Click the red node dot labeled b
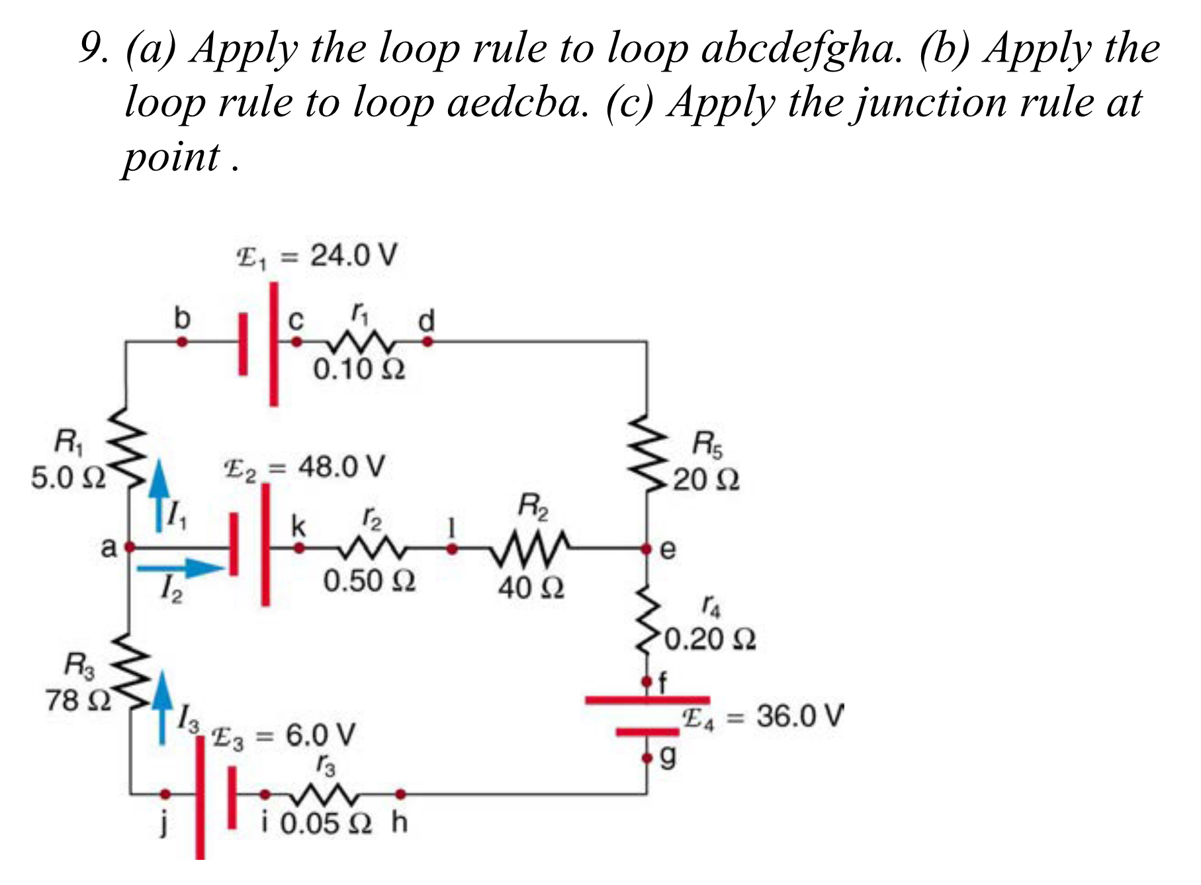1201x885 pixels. click(182, 342)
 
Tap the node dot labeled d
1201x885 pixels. click(427, 342)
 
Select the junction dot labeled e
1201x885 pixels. click(646, 548)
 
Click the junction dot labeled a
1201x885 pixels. click(130, 547)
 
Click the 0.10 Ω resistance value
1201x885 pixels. click(359, 369)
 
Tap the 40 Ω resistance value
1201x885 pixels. click(531, 587)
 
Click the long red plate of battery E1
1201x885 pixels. click(273, 344)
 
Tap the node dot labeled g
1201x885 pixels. click(647, 758)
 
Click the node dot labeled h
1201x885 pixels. click(400, 794)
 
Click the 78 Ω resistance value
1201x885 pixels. click(78, 700)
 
